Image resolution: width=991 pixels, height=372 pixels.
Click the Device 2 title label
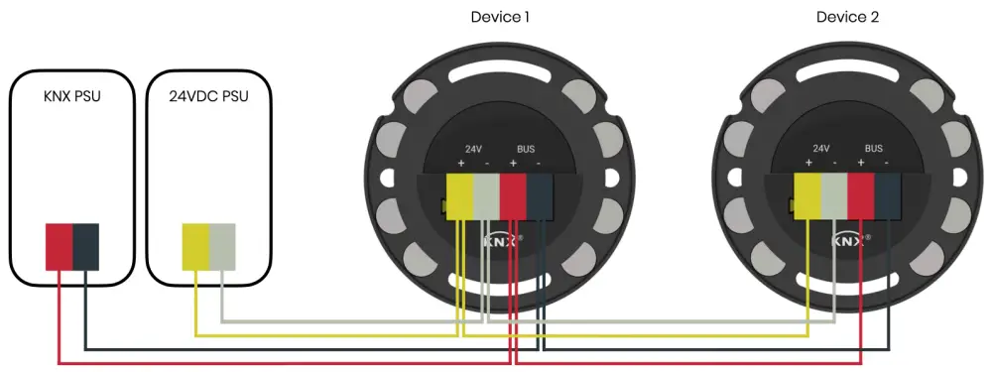(847, 17)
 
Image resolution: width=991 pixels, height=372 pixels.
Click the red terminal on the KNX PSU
(59, 246)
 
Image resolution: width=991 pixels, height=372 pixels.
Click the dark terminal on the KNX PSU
(85, 246)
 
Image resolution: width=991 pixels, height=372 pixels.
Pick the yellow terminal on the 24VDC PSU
(195, 246)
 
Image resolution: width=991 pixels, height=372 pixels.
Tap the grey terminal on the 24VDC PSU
(222, 246)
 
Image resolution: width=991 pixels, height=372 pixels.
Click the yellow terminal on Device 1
(460, 195)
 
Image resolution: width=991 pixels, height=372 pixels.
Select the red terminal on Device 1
(513, 195)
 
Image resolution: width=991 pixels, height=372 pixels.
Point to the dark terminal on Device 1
(539, 195)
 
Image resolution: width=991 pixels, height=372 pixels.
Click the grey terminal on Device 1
(486, 195)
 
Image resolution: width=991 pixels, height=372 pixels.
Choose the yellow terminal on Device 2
(808, 195)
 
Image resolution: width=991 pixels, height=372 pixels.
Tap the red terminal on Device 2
(861, 195)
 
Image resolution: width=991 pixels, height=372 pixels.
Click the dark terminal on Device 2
(887, 195)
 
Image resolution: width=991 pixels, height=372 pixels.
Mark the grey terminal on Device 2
(834, 195)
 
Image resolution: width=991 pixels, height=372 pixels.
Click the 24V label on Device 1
(473, 148)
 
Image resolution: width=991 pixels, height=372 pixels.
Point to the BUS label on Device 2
(874, 148)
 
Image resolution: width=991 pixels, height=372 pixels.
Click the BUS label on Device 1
(526, 148)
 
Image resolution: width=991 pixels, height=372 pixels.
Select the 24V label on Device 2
(821, 148)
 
